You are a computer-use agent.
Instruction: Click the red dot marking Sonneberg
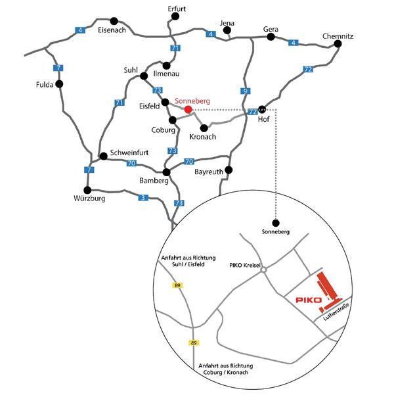pos(188,110)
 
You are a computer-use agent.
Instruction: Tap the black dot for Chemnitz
pos(338,44)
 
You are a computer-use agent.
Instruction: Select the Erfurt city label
pos(177,9)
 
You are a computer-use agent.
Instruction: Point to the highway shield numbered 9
pos(246,91)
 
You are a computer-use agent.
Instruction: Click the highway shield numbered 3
pos(143,198)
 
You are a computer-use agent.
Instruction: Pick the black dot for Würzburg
pos(87,190)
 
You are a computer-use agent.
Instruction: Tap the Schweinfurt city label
pos(129,153)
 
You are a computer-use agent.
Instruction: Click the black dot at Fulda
pos(59,84)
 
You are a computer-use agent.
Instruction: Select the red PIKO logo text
pos(309,300)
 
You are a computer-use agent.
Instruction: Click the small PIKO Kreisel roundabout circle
pos(264,270)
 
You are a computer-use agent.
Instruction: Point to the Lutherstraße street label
pos(336,312)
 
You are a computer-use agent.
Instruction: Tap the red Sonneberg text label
pos(192,101)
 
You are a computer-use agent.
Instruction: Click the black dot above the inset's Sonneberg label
pos(276,223)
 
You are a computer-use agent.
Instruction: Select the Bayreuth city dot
pos(229,170)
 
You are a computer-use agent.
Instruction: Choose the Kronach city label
pos(203,137)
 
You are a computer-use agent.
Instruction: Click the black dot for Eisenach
pos(114,21)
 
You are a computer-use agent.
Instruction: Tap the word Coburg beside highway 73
pos(164,130)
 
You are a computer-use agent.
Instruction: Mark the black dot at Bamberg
pos(166,172)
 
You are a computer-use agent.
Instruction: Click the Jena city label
pos(227,23)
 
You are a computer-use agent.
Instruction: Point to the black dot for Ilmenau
pos(166,66)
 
